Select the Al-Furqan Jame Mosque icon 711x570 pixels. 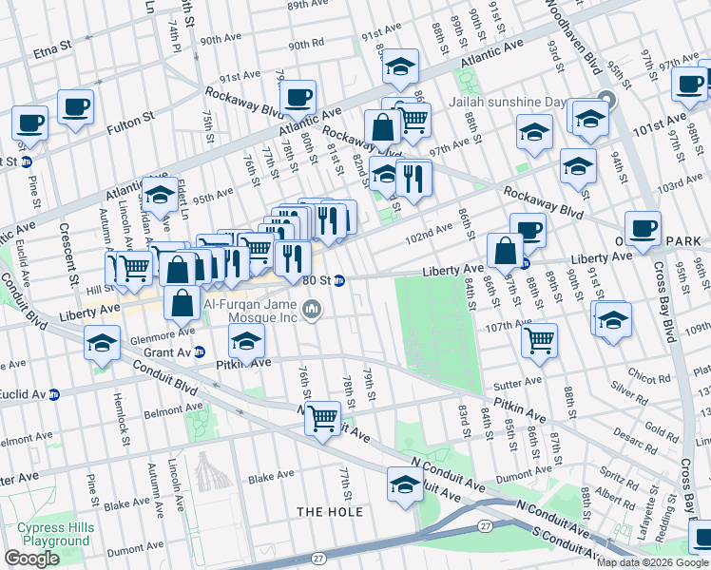311,310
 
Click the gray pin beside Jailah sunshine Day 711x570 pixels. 606,102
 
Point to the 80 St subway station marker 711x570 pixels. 338,280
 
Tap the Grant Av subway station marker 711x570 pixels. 200,352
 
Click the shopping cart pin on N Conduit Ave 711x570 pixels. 323,417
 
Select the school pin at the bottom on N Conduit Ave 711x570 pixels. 405,485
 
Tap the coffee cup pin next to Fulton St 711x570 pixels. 75,107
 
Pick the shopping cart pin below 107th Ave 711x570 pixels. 539,339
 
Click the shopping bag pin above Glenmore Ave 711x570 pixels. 181,304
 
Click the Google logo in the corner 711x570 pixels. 32,559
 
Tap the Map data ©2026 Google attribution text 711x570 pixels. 652,562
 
